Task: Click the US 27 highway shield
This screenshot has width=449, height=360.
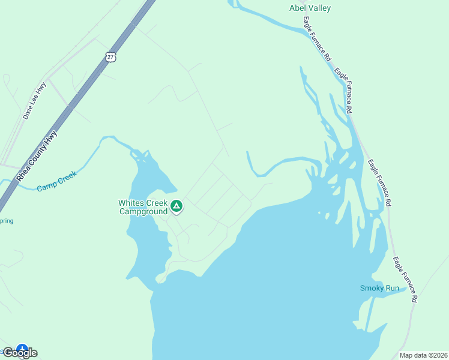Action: [x=110, y=56]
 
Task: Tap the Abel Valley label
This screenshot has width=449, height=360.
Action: [x=310, y=8]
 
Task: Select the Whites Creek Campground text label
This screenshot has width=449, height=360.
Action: [x=143, y=207]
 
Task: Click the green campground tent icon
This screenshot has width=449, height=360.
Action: [x=176, y=206]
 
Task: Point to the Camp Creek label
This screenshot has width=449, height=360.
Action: [x=57, y=182]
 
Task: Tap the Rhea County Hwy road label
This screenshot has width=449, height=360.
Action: [x=37, y=155]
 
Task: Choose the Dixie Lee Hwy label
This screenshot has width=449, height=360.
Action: [x=34, y=101]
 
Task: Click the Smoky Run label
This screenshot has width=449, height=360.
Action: [x=379, y=288]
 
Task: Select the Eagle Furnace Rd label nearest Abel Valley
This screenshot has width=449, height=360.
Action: [x=317, y=38]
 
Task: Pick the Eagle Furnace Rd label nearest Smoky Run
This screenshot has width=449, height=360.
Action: [x=405, y=278]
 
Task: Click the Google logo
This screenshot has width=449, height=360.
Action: [x=20, y=353]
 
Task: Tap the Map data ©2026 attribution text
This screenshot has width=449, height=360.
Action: [x=423, y=355]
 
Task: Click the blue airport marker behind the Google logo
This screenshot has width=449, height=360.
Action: [x=22, y=349]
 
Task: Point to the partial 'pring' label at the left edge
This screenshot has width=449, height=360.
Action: [x=6, y=221]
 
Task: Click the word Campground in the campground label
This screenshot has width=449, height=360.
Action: [x=143, y=211]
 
